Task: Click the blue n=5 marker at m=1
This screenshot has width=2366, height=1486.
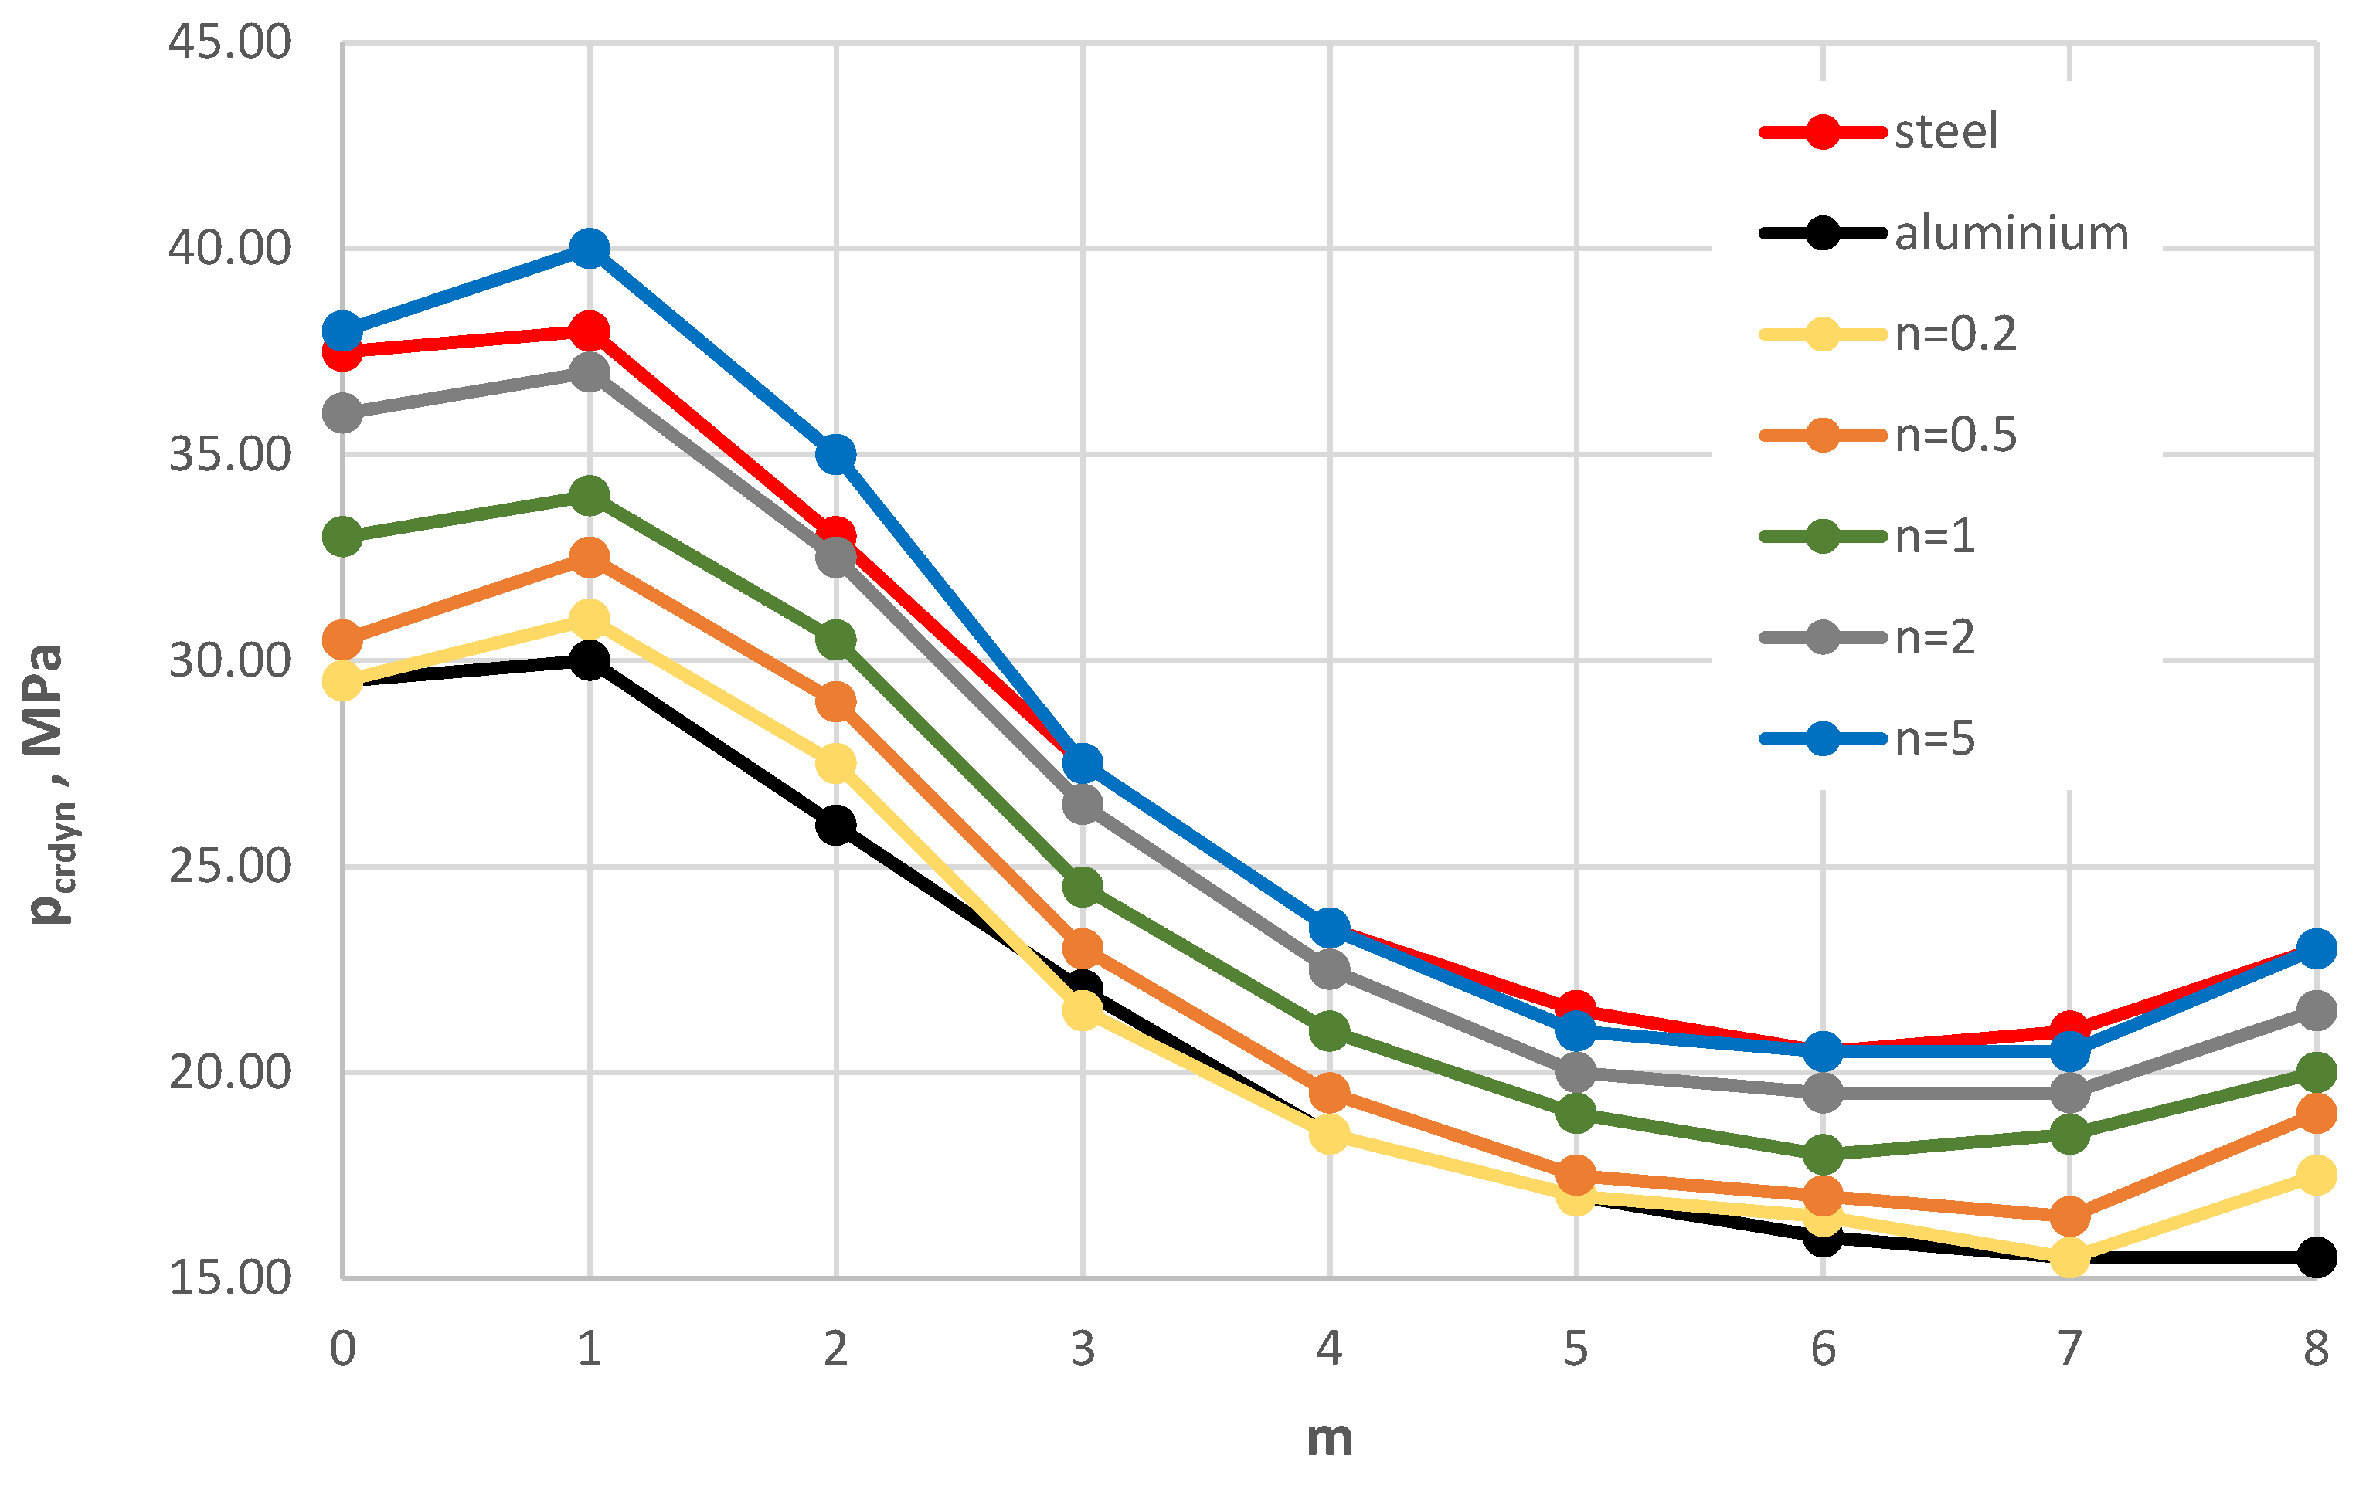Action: point(589,249)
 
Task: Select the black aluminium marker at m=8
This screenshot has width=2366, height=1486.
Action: point(2316,1257)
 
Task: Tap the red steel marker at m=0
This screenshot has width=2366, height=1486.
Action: point(342,351)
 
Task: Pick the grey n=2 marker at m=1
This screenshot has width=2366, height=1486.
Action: point(589,372)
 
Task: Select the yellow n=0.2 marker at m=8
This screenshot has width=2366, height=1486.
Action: point(2316,1175)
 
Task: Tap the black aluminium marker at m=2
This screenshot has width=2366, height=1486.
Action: point(835,825)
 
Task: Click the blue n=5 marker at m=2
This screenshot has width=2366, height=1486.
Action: point(835,455)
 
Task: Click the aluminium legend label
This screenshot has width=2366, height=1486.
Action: point(2011,234)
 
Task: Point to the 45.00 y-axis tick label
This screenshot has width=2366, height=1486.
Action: point(230,43)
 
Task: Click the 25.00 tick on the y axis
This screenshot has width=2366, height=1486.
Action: point(230,867)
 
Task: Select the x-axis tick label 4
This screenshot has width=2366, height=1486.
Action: point(1328,1349)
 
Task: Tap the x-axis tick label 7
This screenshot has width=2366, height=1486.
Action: point(2069,1349)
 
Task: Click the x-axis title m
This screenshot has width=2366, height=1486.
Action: point(1328,1438)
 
